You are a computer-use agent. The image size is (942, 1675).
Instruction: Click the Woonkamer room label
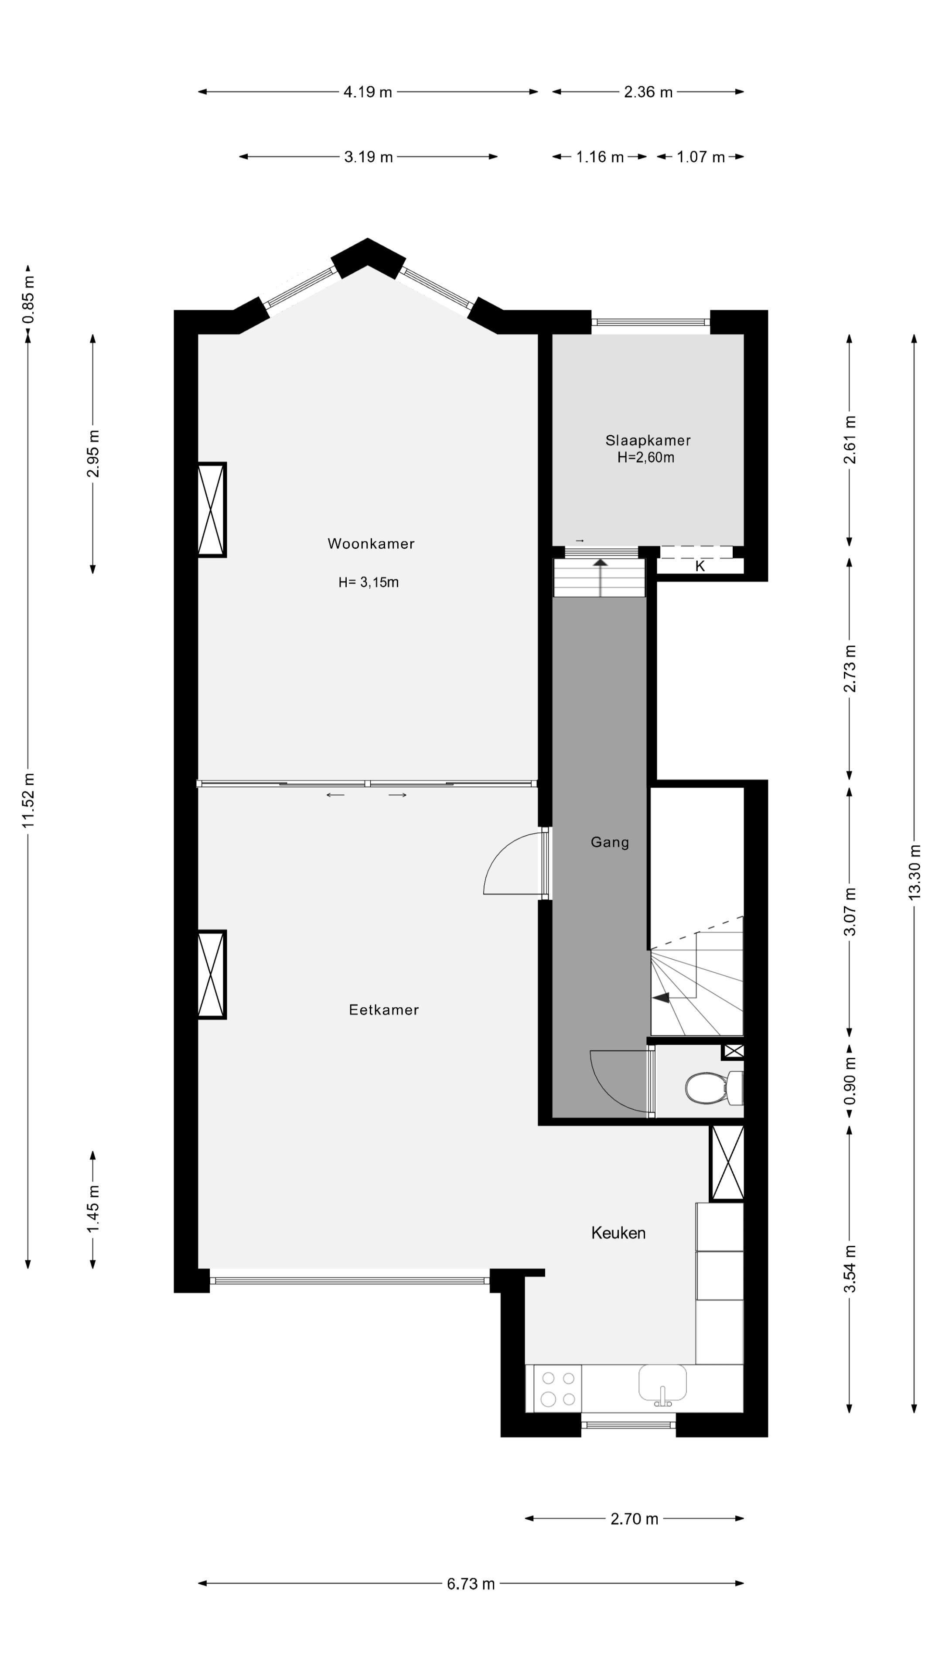coord(371,544)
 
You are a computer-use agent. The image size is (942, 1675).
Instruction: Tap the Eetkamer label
coord(384,1010)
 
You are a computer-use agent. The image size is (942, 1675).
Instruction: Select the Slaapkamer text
coord(648,440)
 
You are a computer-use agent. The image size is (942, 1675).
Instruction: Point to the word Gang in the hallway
coord(609,842)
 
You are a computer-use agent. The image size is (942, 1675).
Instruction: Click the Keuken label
coord(618,1233)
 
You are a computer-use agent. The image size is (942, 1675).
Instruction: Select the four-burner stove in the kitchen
coord(558,1388)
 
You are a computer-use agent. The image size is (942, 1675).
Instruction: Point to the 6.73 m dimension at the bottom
coord(470,1584)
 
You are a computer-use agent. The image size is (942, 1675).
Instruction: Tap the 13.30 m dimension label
coord(914,872)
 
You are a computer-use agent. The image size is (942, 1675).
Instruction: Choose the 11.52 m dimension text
coord(28,800)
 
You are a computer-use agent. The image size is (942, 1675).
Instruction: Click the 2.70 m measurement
coord(634,1519)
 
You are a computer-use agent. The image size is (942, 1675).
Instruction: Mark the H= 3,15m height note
coord(368,583)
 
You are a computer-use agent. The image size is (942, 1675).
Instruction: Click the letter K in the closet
coord(700,566)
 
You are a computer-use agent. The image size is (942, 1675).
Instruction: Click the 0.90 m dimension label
coord(850,1081)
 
